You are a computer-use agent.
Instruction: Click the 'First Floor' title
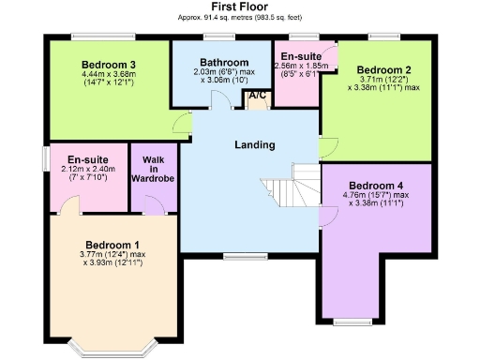click(240, 7)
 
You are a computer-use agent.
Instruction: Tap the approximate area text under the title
click(240, 18)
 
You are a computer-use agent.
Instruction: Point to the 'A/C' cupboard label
click(256, 96)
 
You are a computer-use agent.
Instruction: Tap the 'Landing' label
click(254, 144)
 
